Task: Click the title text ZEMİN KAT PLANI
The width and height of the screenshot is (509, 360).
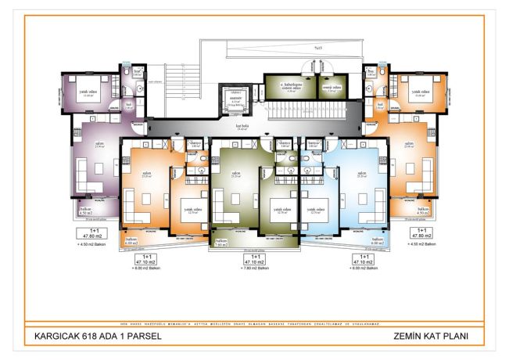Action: click(x=436, y=338)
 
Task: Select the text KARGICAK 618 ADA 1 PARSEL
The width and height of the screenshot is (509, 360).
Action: click(x=86, y=338)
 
